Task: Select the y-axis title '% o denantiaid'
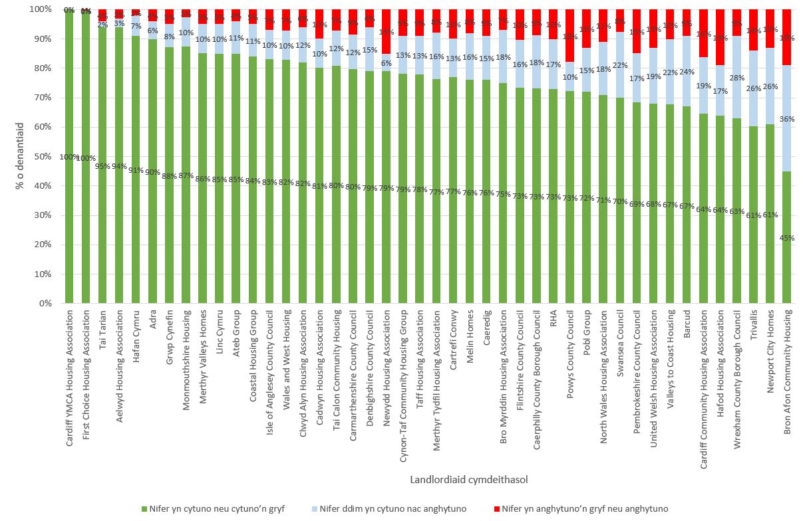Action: point(19,156)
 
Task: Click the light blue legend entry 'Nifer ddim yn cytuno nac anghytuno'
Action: point(390,509)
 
